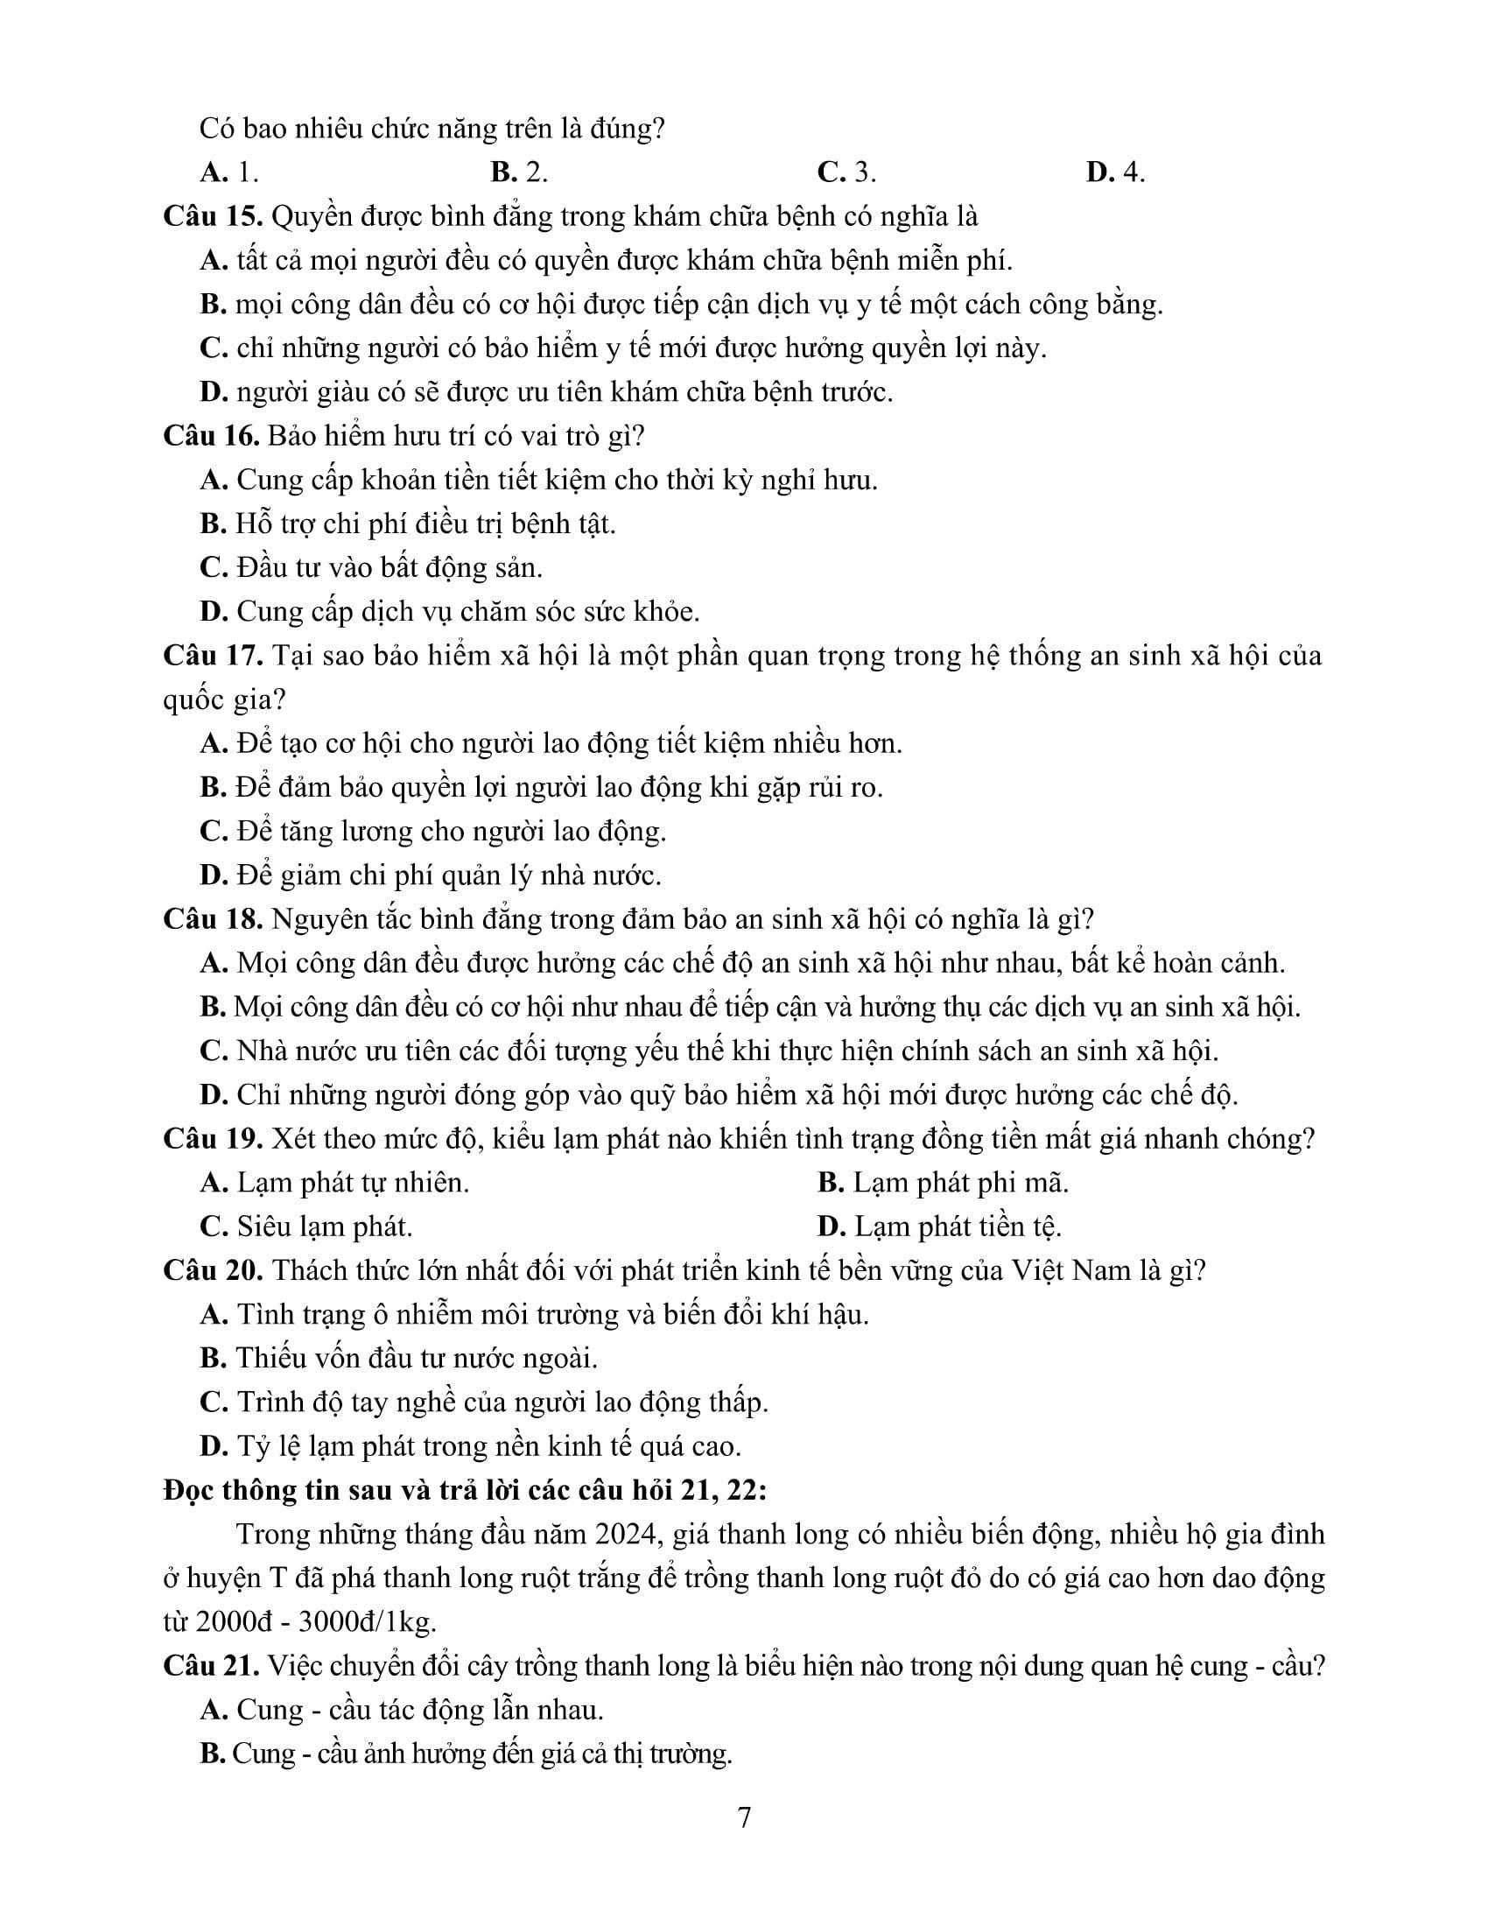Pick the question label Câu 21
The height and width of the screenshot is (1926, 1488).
coord(211,1666)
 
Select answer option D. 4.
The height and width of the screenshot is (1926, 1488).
coord(1115,172)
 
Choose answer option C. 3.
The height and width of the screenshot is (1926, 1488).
coord(846,172)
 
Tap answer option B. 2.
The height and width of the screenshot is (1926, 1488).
coord(519,172)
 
